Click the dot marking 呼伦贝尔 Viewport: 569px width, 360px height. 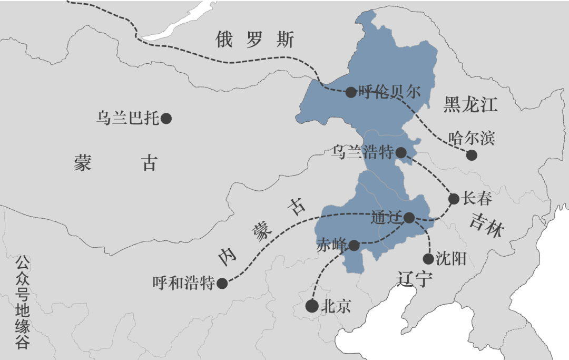tap(351, 92)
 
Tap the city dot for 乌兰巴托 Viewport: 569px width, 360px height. tap(166, 118)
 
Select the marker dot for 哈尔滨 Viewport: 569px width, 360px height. tap(472, 155)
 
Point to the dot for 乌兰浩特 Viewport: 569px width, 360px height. tap(401, 153)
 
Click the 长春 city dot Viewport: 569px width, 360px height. tap(454, 199)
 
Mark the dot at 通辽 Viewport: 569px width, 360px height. tap(409, 217)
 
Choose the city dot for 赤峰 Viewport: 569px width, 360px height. tap(354, 245)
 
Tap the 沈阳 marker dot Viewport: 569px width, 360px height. tap(428, 258)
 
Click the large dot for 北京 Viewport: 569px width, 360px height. tap(312, 306)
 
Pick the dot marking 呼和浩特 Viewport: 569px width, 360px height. tap(222, 284)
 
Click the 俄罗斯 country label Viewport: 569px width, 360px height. tap(254, 40)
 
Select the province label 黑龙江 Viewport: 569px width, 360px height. tap(470, 104)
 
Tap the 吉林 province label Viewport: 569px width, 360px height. tap(487, 225)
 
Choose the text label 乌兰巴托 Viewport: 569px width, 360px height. tap(127, 118)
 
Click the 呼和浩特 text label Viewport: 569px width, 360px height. tap(183, 284)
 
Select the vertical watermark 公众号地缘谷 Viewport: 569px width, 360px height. tap(22, 303)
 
